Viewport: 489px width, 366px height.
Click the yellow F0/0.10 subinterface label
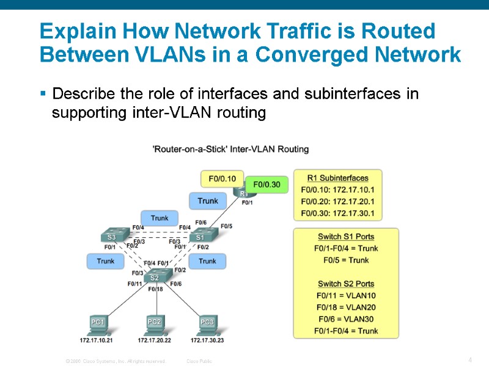(222, 179)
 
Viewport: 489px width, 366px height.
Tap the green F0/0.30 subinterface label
(267, 184)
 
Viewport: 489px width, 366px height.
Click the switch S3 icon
(111, 237)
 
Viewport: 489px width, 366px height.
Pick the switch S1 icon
(200, 237)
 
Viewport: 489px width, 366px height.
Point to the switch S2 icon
(155, 277)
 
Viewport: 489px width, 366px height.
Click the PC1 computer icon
(98, 323)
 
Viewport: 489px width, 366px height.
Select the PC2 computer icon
(155, 323)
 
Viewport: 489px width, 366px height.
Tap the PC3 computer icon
(207, 323)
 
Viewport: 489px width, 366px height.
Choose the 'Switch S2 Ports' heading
(346, 284)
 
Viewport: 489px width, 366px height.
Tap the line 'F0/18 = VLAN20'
(346, 307)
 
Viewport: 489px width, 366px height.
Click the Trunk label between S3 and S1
(160, 218)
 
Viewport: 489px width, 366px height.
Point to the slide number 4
(469, 360)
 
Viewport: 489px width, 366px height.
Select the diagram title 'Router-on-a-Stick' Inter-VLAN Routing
(230, 149)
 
